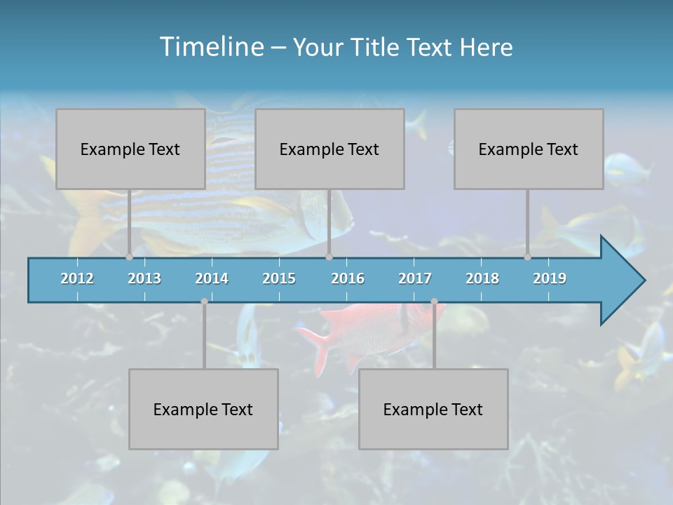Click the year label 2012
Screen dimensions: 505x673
click(x=77, y=278)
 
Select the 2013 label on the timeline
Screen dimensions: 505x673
click(x=144, y=278)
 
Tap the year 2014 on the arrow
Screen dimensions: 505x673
click(x=212, y=278)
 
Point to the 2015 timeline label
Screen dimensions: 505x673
click(x=279, y=278)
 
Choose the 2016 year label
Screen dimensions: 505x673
click(x=348, y=278)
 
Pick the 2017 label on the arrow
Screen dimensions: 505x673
click(x=415, y=278)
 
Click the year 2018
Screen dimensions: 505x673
click(x=482, y=278)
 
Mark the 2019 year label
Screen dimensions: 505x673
click(x=550, y=278)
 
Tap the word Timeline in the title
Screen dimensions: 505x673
click(x=210, y=47)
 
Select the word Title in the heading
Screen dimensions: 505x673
click(x=376, y=48)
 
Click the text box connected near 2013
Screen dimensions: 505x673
click(x=130, y=149)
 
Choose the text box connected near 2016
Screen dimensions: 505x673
click(x=329, y=149)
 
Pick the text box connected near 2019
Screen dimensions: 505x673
click(x=529, y=149)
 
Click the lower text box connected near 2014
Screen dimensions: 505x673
click(x=203, y=409)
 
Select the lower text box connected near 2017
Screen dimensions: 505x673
click(x=433, y=409)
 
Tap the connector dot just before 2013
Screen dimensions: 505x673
click(x=129, y=257)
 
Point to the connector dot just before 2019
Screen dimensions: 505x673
click(x=527, y=257)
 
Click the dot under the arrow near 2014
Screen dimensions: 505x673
click(x=204, y=302)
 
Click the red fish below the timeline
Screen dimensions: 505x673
click(x=351, y=330)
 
